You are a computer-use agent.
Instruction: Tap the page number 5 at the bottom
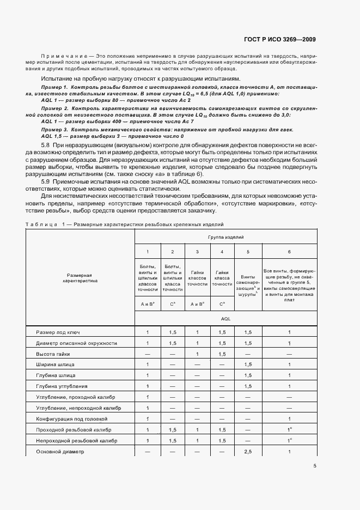pyautogui.click(x=315, y=466)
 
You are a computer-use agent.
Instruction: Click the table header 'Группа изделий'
pyautogui.click(x=225, y=238)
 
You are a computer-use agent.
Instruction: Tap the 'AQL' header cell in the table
pyautogui.click(x=225, y=317)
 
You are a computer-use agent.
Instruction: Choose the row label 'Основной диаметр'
pyautogui.click(x=60, y=452)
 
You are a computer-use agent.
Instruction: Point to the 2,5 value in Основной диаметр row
pyautogui.click(x=248, y=452)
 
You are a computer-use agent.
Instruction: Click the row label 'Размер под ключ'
pyautogui.click(x=58, y=332)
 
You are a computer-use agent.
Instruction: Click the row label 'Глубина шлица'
pyautogui.click(x=56, y=375)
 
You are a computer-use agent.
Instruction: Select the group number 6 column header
pyautogui.click(x=289, y=252)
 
